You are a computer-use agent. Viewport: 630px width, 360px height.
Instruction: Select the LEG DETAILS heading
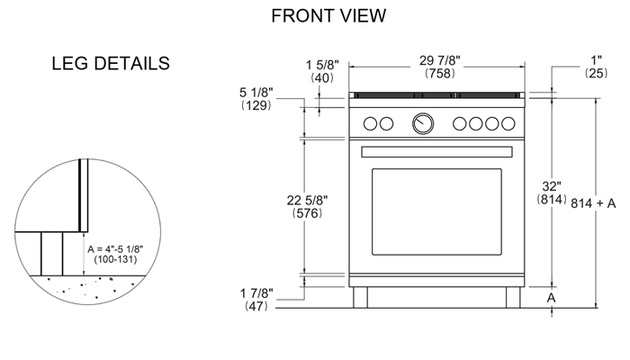(x=112, y=64)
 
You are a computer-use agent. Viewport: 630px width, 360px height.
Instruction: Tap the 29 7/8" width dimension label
(x=440, y=59)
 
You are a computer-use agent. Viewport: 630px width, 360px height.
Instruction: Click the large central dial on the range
(x=422, y=124)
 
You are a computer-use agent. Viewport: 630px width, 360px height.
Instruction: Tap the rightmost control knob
(x=508, y=124)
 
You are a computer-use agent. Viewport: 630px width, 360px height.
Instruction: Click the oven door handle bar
(x=436, y=150)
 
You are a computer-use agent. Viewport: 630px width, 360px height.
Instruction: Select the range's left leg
(x=361, y=297)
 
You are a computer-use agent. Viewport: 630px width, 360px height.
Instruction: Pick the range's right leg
(x=513, y=297)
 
